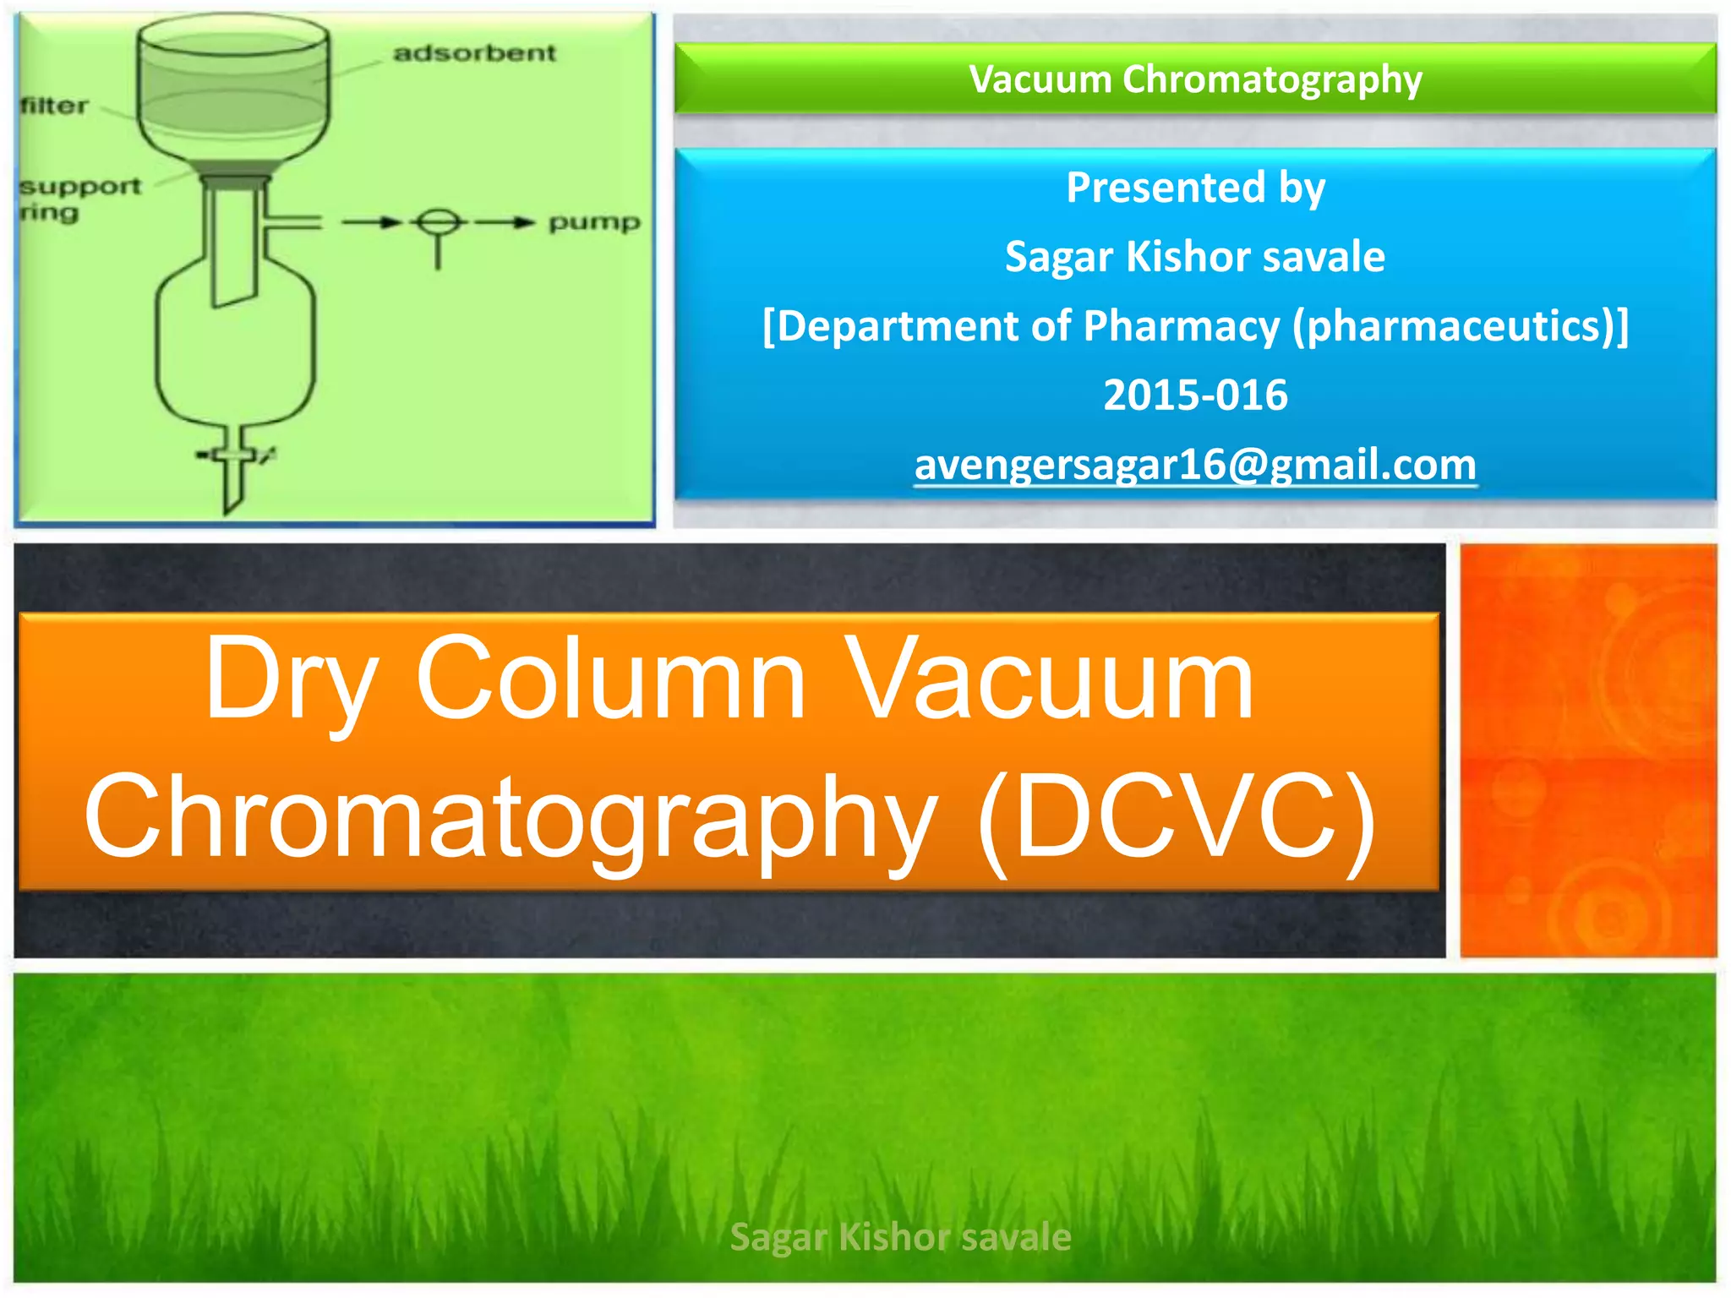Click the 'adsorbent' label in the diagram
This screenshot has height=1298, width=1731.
tap(474, 53)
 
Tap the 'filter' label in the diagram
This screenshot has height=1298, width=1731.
tap(54, 106)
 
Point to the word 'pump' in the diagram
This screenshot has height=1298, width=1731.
tap(594, 222)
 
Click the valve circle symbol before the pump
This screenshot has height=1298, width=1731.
tap(438, 222)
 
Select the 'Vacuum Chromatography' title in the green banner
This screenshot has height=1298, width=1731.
tap(1195, 79)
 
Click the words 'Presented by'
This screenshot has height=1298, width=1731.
tap(1195, 188)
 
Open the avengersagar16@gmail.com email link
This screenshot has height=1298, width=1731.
tap(1195, 465)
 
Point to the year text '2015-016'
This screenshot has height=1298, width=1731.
tap(1195, 395)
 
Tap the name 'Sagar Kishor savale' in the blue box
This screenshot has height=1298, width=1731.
tap(1195, 257)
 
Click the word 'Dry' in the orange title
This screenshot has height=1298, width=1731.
tap(291, 680)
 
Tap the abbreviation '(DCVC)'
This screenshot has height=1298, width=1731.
tap(1177, 818)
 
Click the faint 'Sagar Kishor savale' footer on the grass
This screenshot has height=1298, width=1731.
tap(900, 1237)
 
